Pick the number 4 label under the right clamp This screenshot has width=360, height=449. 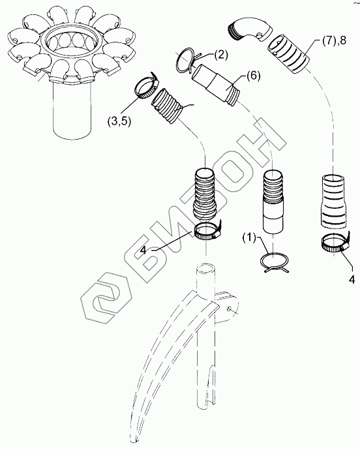pyautogui.click(x=352, y=279)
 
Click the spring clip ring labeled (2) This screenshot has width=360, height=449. pyautogui.click(x=185, y=61)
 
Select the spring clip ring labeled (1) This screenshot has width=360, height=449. pyautogui.click(x=275, y=262)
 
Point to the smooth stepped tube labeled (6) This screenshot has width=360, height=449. pyautogui.click(x=217, y=84)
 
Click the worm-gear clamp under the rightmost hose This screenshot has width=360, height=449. pyautogui.click(x=335, y=243)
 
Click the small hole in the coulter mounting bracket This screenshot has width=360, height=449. pyautogui.click(x=229, y=309)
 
